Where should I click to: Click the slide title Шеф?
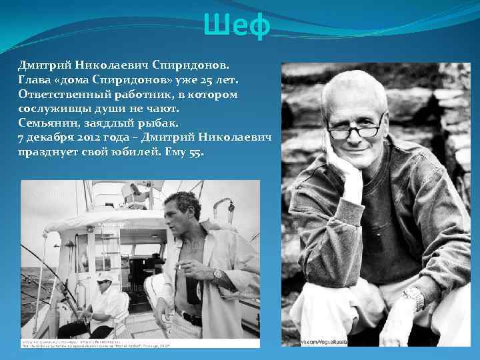[238, 27]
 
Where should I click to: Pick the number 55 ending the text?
[196, 153]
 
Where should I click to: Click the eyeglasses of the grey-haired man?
[355, 129]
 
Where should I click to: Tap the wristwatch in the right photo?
[413, 297]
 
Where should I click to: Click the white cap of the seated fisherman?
[105, 276]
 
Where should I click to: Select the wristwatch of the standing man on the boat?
[217, 274]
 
